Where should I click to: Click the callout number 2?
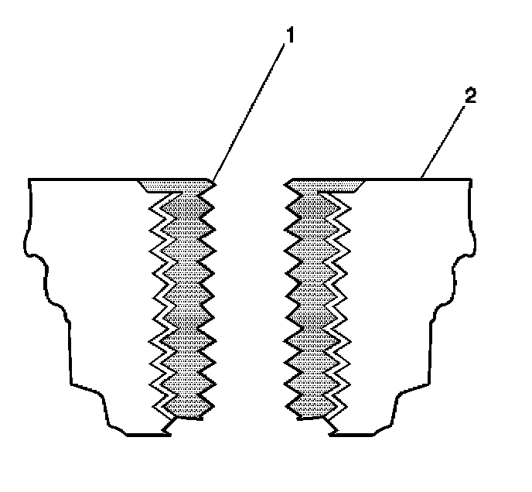pos(471,97)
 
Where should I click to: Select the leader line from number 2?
pos(445,138)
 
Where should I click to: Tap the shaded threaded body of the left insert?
pos(184,302)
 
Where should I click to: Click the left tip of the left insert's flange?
pos(140,183)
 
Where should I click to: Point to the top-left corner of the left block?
pos(29,179)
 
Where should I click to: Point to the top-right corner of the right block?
pos(469,179)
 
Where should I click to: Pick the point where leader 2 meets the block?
pos(422,179)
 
